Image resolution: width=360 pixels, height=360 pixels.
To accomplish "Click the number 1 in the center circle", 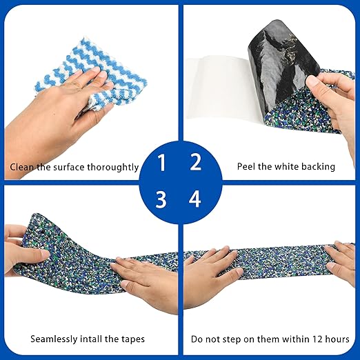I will [x=161, y=163].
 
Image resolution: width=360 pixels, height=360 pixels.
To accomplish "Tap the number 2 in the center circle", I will [x=196, y=163].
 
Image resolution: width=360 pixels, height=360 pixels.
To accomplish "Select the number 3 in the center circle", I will [x=161, y=200].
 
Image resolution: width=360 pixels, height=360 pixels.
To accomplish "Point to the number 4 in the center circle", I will [x=196, y=200].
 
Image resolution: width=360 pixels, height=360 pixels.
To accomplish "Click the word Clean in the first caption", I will [x=21, y=167].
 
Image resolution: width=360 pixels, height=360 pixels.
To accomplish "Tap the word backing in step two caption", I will [x=319, y=167].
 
